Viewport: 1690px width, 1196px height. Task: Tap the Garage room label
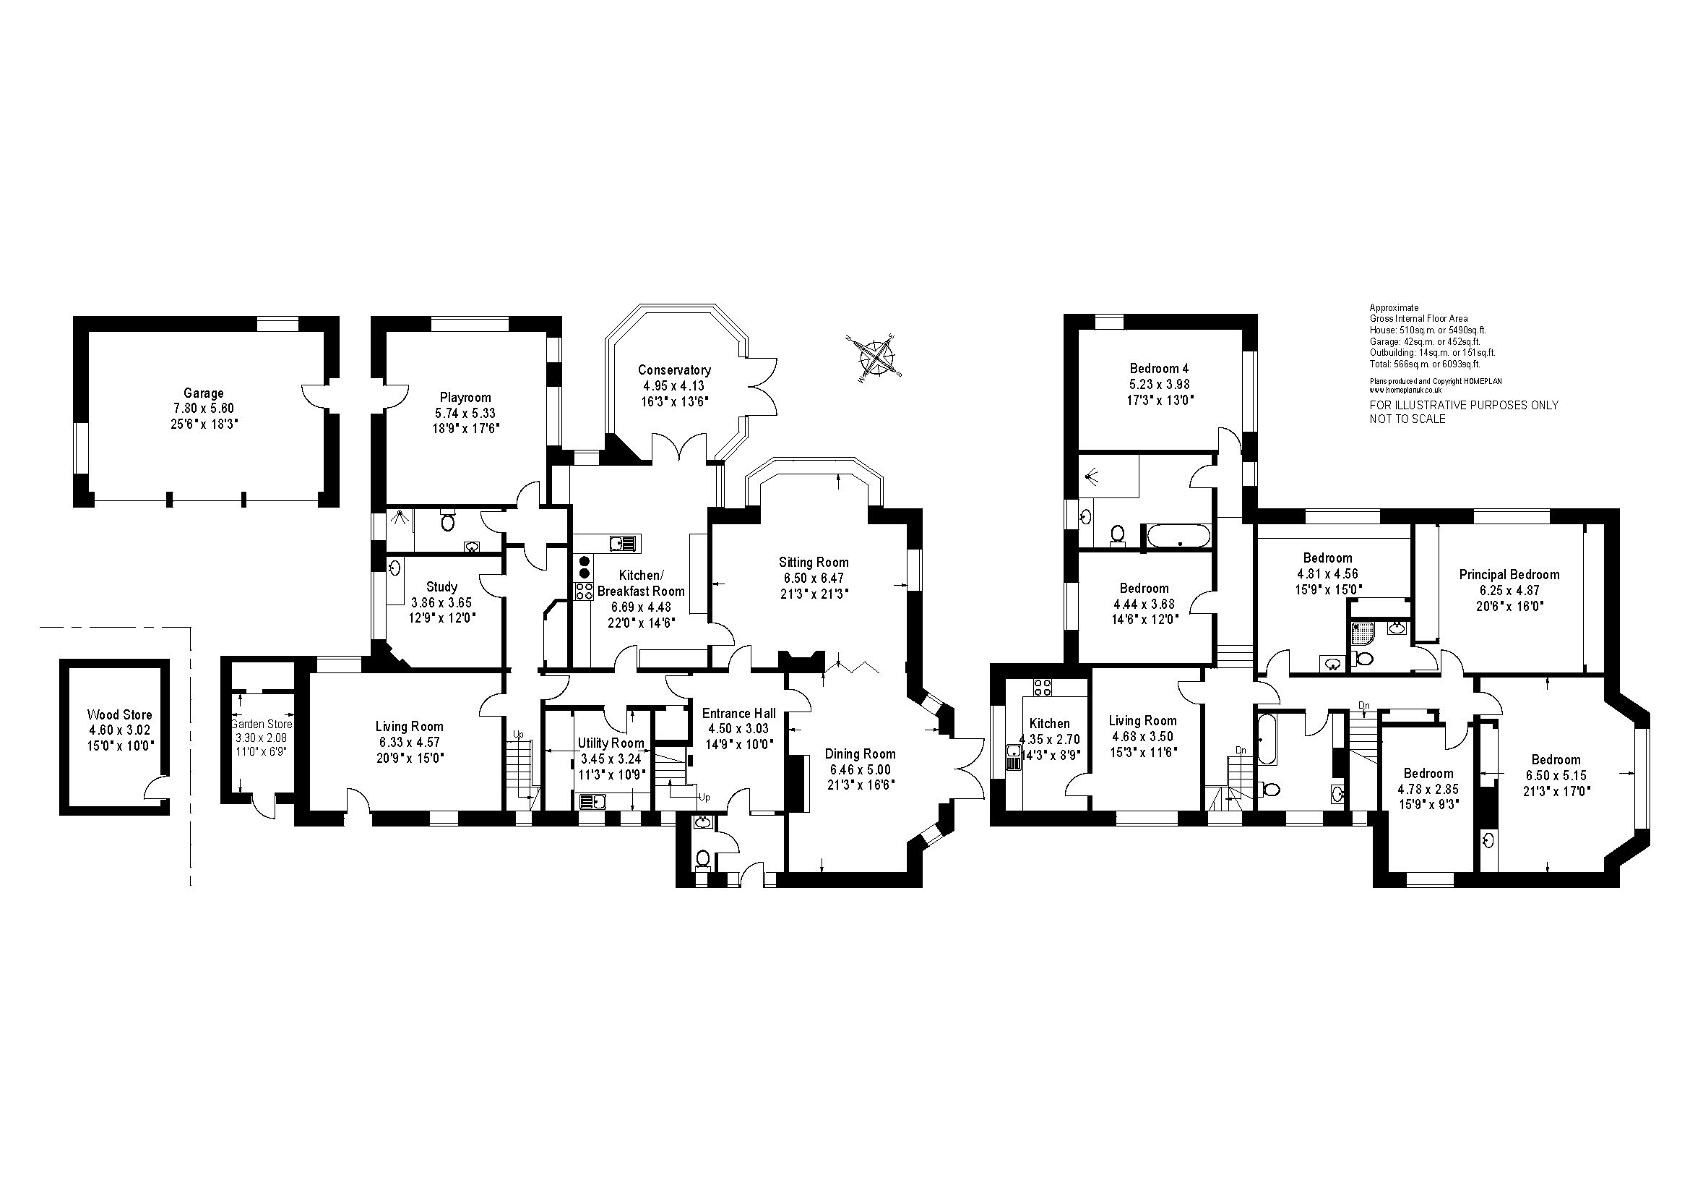(203, 393)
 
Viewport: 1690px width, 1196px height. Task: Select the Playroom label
(465, 398)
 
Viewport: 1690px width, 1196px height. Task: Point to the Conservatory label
(674, 370)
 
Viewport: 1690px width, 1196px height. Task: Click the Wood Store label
(119, 714)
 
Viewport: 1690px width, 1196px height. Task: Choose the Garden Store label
(262, 725)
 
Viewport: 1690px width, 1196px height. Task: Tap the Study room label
(441, 587)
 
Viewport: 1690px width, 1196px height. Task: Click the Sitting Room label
(814, 563)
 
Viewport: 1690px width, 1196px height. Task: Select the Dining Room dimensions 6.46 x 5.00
(860, 769)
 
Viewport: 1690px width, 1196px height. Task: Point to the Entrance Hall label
(738, 713)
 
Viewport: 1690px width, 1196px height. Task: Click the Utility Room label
(611, 743)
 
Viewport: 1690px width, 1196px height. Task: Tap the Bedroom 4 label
(1159, 368)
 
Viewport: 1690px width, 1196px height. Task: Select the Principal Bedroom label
(1509, 574)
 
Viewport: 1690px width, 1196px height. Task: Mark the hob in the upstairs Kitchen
(1043, 687)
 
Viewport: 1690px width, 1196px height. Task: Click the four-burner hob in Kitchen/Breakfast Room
(584, 591)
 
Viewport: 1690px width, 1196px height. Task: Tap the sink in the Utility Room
(592, 800)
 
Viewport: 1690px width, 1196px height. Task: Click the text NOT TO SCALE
(1407, 419)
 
